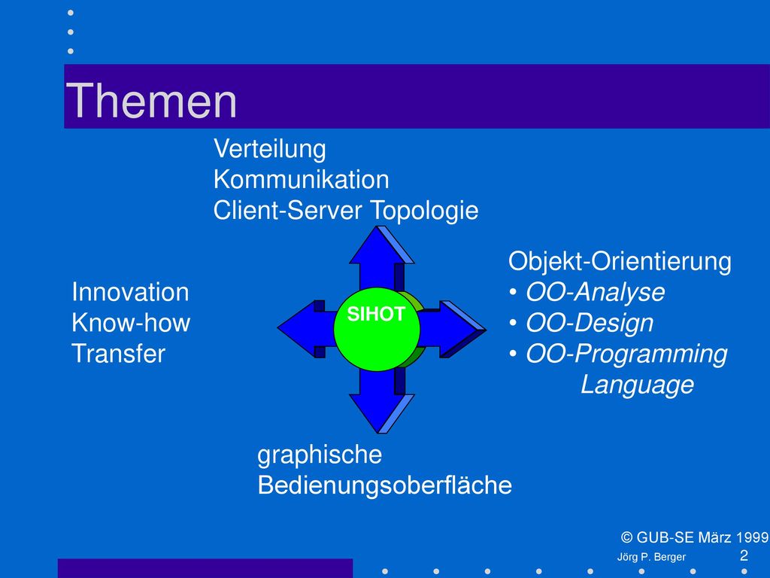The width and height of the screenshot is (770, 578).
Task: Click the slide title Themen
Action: coord(151,101)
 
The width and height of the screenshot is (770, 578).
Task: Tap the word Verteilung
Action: coord(270,149)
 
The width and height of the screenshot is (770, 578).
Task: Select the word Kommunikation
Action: coord(301,179)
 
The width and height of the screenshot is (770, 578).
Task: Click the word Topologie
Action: coord(424,211)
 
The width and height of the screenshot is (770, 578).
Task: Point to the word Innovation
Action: coord(130,293)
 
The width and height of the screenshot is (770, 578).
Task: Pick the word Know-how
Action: coord(131,323)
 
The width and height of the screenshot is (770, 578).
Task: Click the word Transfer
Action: coord(118,354)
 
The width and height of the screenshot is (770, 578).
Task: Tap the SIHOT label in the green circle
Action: coord(376,314)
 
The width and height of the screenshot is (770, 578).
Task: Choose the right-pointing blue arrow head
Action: coord(462,329)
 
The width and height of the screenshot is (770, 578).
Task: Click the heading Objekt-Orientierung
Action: coord(620,261)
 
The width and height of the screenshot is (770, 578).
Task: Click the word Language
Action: coord(638,385)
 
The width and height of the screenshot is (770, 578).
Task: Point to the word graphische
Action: coord(320,455)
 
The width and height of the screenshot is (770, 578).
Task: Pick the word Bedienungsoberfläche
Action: coord(384,485)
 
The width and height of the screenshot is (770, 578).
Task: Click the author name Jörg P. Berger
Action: coord(651,558)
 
